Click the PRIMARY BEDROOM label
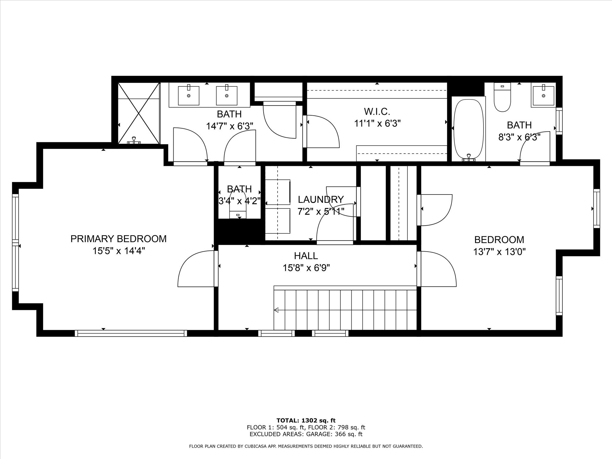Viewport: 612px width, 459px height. click(118, 239)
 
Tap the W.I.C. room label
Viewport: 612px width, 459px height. click(377, 112)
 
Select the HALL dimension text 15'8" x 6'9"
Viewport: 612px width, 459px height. click(306, 268)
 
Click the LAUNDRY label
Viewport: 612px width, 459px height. click(321, 199)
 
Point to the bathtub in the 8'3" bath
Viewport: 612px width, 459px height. click(468, 128)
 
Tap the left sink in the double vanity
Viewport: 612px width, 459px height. click(189, 95)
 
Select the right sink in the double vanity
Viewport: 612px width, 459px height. click(227, 95)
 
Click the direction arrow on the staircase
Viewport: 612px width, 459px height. click(276, 310)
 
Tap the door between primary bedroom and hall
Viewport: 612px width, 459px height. click(196, 269)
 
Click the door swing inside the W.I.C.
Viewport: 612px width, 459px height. click(322, 131)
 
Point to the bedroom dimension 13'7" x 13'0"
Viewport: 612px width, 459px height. click(499, 252)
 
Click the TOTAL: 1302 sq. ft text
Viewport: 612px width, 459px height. click(306, 421)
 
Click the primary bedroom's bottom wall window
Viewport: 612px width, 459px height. click(131, 333)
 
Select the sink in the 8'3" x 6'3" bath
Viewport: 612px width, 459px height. click(543, 95)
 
